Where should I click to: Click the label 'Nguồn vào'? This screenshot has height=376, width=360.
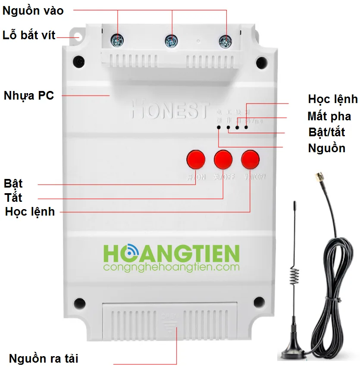pos(33,11)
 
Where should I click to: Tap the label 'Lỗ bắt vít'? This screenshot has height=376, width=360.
pos(29,35)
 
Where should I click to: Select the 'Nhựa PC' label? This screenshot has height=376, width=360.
pos(29,95)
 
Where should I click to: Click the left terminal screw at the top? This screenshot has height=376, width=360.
pos(117,41)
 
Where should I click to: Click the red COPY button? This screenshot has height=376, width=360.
pos(250,159)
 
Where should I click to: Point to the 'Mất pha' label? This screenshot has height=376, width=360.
pos(329,116)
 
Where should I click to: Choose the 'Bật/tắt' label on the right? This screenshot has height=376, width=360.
pos(327,132)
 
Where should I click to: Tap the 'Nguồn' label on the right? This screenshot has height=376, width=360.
pos(326,148)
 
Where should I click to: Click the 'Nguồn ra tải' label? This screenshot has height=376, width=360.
pos(44,358)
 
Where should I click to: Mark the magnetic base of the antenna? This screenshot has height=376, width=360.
pos(295,351)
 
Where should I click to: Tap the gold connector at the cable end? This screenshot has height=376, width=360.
pos(318,177)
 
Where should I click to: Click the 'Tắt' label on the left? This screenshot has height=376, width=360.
pos(14,198)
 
